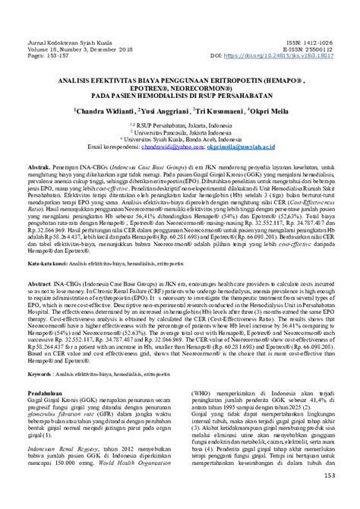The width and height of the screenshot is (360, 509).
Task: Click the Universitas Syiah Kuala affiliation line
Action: click(x=180, y=138)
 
